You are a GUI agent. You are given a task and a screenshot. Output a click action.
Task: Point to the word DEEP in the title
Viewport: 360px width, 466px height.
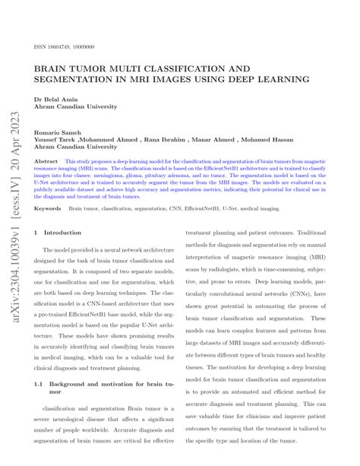point(238,78)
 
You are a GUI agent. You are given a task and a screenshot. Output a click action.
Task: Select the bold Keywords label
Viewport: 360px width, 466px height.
point(47,207)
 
